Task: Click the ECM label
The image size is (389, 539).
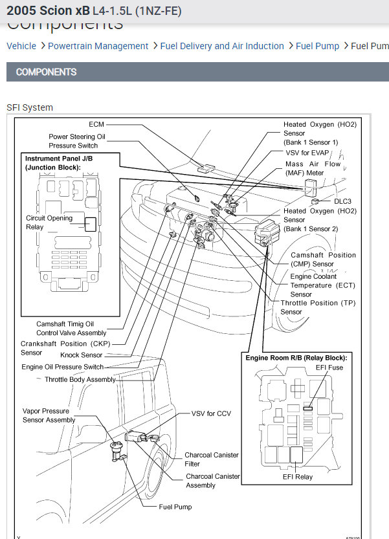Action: (x=96, y=124)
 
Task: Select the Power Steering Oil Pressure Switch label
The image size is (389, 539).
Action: (x=76, y=141)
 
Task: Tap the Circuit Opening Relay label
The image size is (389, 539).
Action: (x=44, y=223)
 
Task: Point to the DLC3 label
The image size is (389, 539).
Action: (x=343, y=201)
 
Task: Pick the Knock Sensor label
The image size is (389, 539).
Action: (x=81, y=355)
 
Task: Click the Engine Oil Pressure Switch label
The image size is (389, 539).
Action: (x=62, y=367)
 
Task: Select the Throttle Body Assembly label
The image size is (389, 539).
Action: (x=80, y=379)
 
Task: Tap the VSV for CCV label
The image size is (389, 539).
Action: (x=211, y=413)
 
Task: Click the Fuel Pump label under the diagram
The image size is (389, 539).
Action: (x=175, y=507)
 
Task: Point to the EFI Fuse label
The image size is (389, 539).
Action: (x=331, y=368)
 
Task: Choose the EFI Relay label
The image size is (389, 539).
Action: (x=298, y=477)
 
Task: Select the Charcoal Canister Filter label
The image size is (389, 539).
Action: (x=212, y=459)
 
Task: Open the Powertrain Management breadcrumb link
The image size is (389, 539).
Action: (x=98, y=46)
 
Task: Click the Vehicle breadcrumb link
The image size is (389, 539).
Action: (x=21, y=46)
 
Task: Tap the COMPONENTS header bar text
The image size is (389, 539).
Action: (x=46, y=72)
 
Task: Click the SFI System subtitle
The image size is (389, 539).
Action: (x=30, y=107)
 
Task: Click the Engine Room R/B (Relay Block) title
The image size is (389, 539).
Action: (x=296, y=357)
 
